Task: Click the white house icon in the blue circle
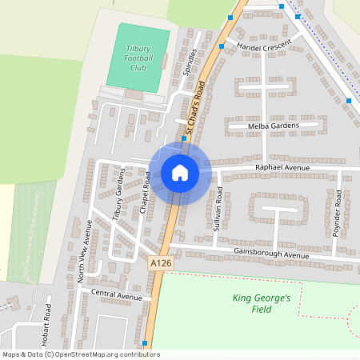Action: pos(179,173)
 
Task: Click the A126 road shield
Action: pos(161,262)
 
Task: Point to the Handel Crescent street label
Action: pos(264,48)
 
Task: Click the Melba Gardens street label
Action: pos(274,126)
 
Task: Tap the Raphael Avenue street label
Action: pos(282,167)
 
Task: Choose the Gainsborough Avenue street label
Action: pos(271,255)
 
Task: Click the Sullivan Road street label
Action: pos(218,209)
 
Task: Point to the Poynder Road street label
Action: pos(337,214)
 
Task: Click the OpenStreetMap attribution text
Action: pos(81,354)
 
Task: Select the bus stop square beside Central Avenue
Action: pos(144,343)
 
